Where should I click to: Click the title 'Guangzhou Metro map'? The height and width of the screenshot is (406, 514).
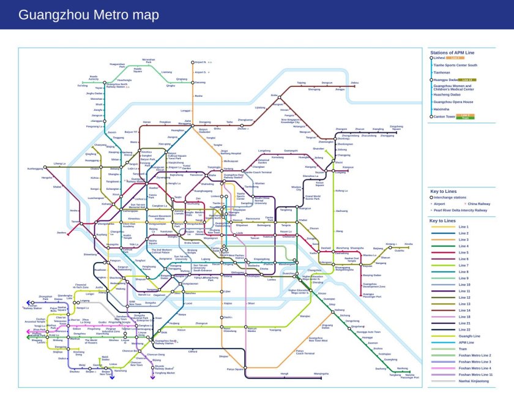tap(88, 15)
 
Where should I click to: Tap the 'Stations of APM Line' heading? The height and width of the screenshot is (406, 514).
tap(452, 53)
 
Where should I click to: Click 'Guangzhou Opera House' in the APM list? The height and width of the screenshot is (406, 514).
tap(453, 102)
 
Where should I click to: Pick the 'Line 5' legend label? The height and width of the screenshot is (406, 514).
tap(463, 252)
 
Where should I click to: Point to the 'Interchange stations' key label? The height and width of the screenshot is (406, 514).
tap(452, 198)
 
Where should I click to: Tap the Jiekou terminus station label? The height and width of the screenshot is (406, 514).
tap(354, 83)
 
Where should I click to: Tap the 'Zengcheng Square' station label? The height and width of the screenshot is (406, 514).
tap(396, 127)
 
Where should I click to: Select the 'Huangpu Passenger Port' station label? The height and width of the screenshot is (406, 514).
tap(371, 295)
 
